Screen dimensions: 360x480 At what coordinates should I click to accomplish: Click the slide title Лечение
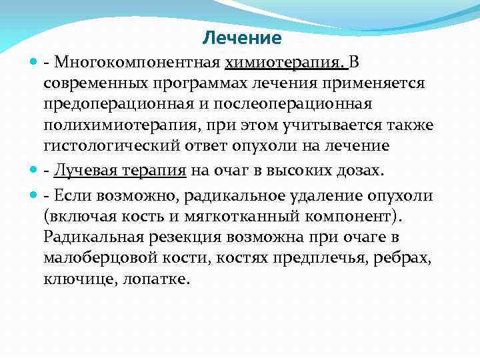(242, 38)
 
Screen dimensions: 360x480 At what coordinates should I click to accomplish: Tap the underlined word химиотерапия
(285, 63)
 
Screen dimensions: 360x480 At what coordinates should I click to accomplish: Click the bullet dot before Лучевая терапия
(35, 170)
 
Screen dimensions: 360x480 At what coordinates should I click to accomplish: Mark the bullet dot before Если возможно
(35, 195)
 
